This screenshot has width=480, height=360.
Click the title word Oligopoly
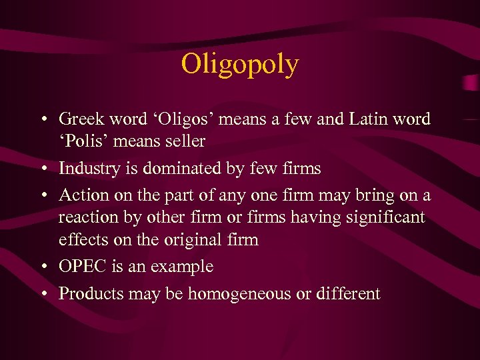pyautogui.click(x=240, y=65)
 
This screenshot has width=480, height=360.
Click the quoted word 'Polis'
pyautogui.click(x=83, y=141)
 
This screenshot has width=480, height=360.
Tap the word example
pyautogui.click(x=182, y=267)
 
